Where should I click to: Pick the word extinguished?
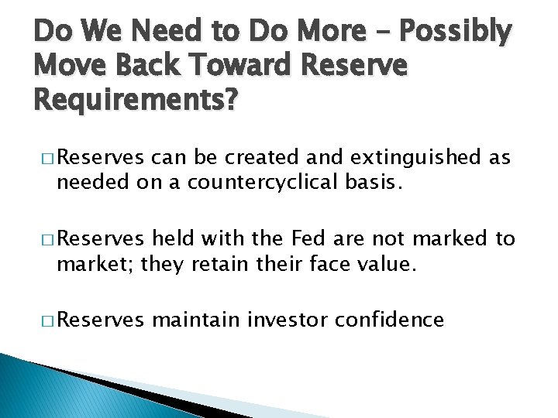417,159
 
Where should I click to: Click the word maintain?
196,320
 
